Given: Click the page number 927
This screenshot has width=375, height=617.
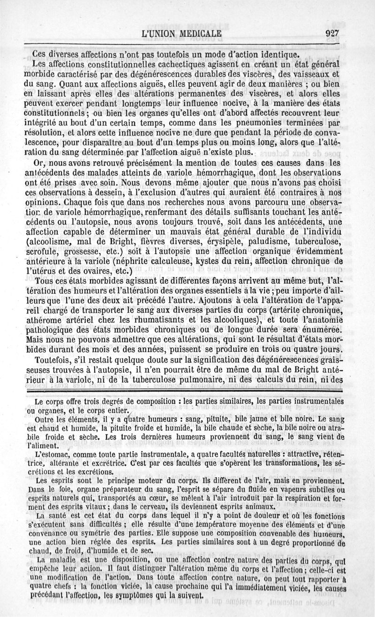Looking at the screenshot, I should point(330,33).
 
